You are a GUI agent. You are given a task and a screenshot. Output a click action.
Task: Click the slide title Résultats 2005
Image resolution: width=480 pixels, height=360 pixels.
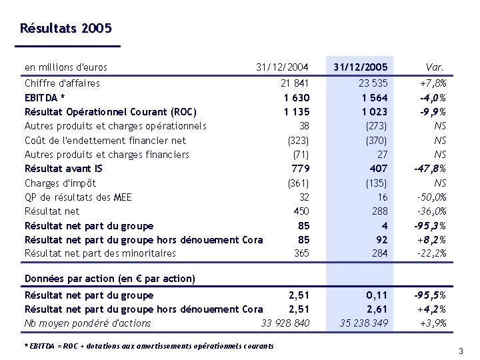click(66, 29)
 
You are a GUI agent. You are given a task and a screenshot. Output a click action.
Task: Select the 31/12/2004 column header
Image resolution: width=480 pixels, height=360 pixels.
click(282, 67)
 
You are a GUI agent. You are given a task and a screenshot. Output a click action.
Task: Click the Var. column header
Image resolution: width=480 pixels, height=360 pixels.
click(435, 67)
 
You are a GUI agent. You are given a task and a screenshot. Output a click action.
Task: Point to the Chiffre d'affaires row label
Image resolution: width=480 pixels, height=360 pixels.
click(62, 83)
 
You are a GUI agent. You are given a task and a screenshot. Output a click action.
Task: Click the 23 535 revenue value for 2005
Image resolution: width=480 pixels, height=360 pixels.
click(373, 83)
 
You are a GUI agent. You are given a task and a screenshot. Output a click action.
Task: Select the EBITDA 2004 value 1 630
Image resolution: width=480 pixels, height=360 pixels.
click(296, 98)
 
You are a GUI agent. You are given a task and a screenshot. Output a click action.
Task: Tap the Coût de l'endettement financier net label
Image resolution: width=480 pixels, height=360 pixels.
click(105, 141)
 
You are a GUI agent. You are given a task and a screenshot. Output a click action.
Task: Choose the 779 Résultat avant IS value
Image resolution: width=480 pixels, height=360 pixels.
click(301, 169)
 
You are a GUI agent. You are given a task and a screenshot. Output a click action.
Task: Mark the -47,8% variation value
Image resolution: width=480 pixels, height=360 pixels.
click(430, 169)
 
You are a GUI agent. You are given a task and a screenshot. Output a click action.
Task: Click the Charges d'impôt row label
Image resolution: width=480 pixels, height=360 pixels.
click(60, 183)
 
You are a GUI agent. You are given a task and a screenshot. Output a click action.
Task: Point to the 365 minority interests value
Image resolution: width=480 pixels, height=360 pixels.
click(301, 253)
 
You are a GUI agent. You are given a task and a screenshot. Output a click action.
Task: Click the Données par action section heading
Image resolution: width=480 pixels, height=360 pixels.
click(109, 279)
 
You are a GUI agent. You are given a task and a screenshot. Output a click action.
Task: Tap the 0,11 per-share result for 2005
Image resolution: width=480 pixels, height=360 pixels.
click(377, 295)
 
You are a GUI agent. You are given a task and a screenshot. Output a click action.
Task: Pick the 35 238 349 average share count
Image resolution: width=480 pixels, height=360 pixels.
click(364, 324)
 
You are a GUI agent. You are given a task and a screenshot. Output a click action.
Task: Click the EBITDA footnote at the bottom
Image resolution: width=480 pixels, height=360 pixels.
click(149, 346)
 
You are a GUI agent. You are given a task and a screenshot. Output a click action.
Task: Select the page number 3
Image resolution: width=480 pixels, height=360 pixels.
click(460, 351)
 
